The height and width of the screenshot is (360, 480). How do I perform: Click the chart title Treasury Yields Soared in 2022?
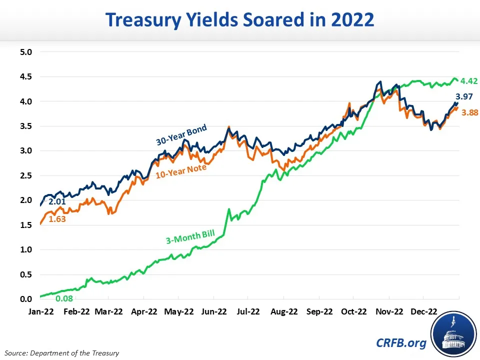coord(239,20)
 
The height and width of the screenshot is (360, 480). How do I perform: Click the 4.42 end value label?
coord(469,81)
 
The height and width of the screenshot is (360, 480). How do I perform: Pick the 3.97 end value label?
coord(464,97)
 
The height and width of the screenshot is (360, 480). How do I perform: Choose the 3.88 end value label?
coord(469,113)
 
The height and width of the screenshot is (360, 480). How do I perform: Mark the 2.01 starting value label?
coord(56,202)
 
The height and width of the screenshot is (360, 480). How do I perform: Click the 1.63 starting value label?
coord(57,218)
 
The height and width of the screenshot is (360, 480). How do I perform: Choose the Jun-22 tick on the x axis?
coord(213,311)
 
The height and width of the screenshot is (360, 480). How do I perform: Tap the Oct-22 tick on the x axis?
coord(353,311)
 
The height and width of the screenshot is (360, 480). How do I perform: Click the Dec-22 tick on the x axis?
coord(423,311)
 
